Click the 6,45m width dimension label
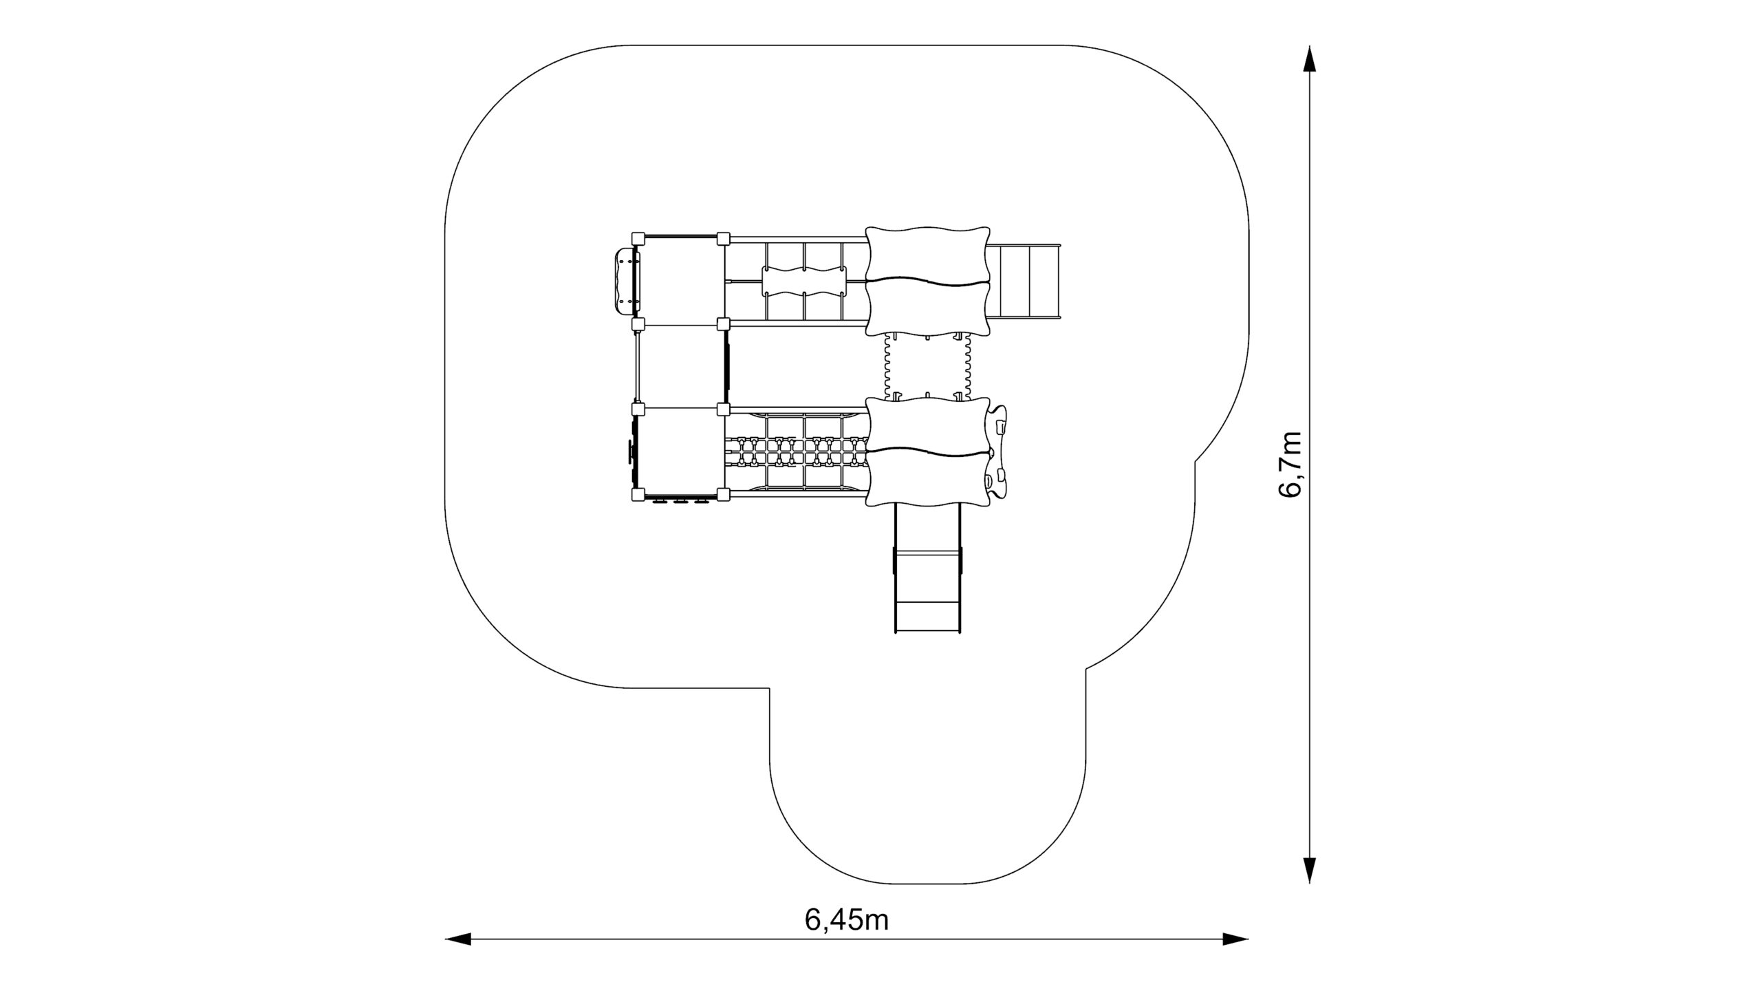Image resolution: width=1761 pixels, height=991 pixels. (846, 919)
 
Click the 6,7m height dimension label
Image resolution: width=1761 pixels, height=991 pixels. (1290, 465)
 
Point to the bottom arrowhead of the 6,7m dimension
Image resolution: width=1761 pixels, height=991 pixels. (1310, 889)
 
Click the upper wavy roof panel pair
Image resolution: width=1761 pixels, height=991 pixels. (927, 281)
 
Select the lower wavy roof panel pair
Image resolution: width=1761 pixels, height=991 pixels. (927, 451)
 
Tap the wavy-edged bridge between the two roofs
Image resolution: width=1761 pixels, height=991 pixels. (927, 367)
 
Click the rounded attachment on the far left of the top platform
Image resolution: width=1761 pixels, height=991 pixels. (143, 281)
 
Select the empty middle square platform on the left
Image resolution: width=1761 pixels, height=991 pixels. (681, 366)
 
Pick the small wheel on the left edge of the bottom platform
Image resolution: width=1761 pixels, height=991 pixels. (147, 451)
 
